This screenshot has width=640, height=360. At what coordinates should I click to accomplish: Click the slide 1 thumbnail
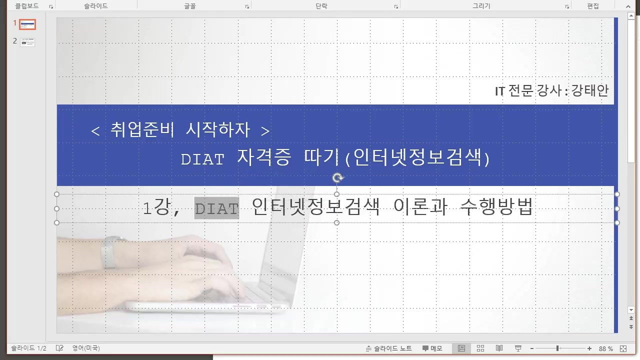click(x=27, y=24)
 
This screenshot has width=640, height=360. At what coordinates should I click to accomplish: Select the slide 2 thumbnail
click(x=27, y=42)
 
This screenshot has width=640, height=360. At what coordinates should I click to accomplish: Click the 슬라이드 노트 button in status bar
click(x=389, y=348)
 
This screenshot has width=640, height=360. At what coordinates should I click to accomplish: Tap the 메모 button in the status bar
click(x=432, y=348)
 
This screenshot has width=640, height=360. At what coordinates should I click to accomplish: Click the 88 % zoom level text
click(x=605, y=348)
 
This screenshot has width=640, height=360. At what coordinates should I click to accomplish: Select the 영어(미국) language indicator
click(x=85, y=348)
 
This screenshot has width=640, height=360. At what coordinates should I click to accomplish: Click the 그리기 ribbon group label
click(x=481, y=6)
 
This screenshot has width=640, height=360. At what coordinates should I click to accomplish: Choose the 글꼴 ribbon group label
click(x=189, y=6)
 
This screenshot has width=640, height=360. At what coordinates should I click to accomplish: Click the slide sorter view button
click(x=480, y=348)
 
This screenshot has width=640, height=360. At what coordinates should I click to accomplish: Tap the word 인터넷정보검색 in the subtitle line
click(x=315, y=207)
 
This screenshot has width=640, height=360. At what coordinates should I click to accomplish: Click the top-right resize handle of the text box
click(x=617, y=194)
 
